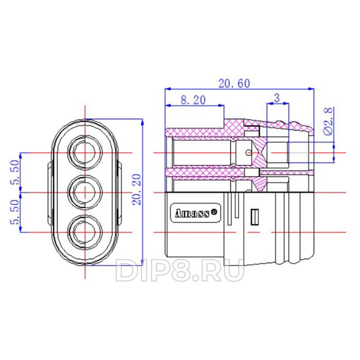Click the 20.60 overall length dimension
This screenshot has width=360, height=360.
click(x=234, y=83)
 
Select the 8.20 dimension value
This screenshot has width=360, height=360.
click(x=193, y=100)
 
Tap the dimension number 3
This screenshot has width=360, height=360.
click(x=277, y=98)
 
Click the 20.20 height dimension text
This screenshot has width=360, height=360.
click(x=137, y=189)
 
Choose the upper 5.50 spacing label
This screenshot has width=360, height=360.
click(x=15, y=172)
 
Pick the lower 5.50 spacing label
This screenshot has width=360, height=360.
click(x=15, y=212)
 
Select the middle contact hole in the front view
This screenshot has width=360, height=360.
click(x=85, y=192)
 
